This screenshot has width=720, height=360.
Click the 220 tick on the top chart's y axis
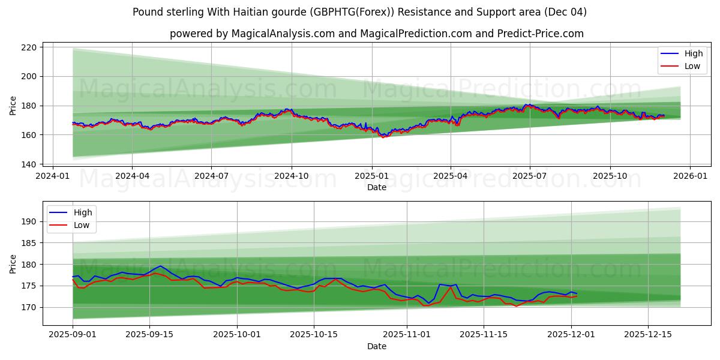pos(29,47)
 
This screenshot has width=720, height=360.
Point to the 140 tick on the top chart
pos(29,164)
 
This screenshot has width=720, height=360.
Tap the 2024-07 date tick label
pos(211,176)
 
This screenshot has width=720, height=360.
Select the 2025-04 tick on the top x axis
pos(451,176)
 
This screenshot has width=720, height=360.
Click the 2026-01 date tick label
pos(689,176)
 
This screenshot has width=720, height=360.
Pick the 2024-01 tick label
pos(53,176)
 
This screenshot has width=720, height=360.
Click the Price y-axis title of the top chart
pos(13,106)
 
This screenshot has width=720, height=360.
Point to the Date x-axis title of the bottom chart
pos(377,346)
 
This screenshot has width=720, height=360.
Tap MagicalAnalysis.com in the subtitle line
pos(283,34)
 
